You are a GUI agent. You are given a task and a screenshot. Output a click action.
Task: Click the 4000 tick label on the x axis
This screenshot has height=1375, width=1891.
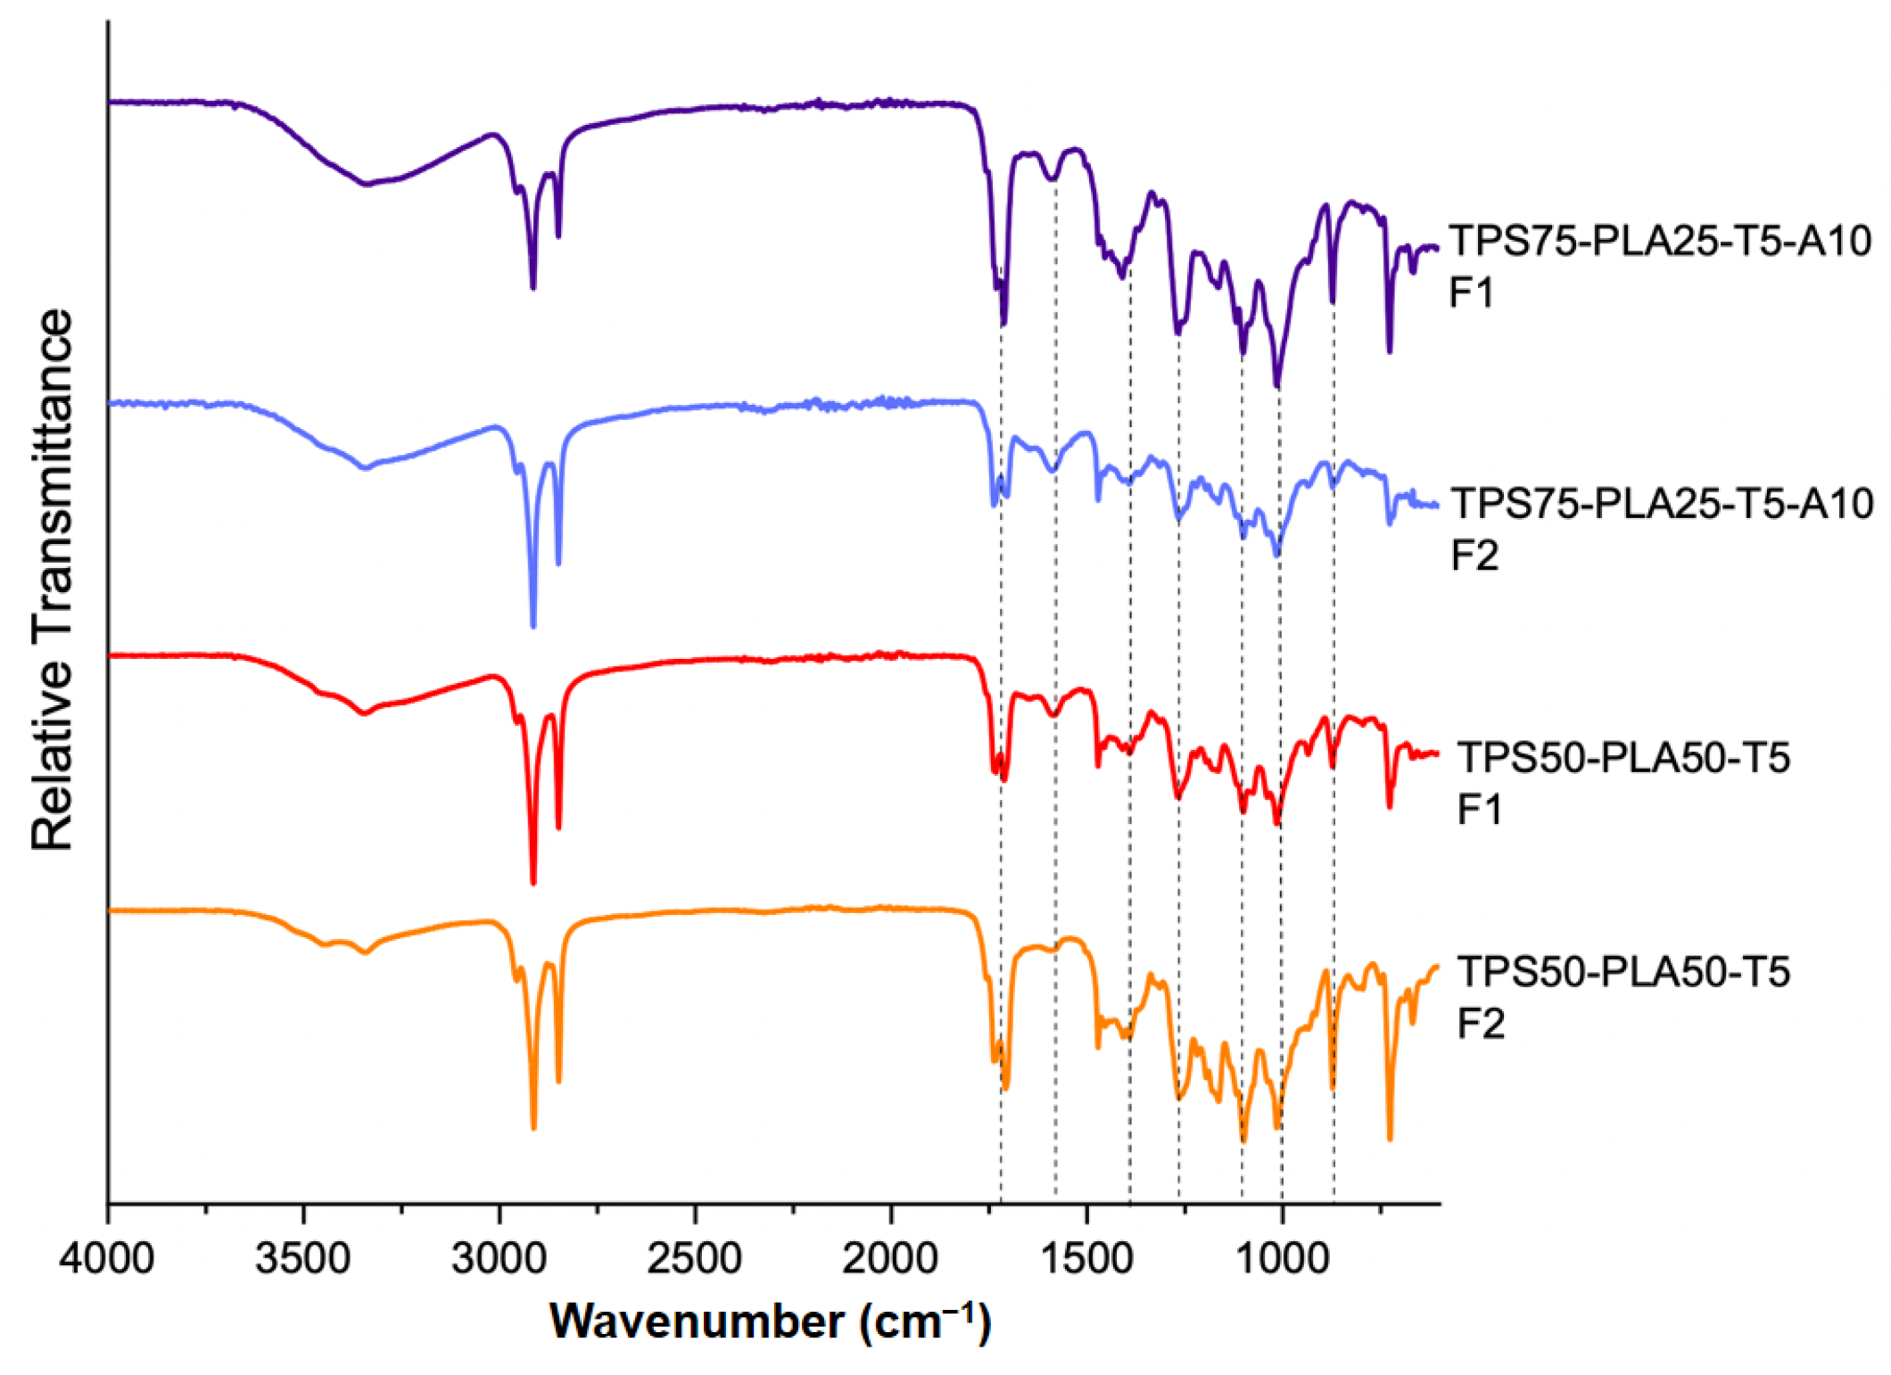107,1260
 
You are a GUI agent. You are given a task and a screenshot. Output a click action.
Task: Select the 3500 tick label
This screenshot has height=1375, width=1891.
302,1260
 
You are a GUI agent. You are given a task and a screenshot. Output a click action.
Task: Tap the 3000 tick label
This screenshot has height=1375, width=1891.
499,1260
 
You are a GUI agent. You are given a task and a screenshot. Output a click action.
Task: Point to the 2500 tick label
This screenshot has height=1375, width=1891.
694,1260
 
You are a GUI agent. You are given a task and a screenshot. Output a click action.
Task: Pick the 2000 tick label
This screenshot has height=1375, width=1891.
890,1260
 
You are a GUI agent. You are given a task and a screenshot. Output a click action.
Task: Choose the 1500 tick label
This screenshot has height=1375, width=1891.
1086,1260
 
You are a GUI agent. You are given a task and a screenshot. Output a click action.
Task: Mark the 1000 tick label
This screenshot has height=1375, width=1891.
1282,1260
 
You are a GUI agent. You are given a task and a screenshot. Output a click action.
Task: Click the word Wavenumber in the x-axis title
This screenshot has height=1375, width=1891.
697,1321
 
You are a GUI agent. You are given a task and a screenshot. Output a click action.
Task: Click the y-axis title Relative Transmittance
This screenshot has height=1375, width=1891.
52,580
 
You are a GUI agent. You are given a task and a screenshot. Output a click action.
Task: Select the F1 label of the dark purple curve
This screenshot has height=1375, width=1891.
1471,292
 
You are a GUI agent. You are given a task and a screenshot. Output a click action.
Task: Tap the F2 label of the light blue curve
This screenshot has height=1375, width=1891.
1474,556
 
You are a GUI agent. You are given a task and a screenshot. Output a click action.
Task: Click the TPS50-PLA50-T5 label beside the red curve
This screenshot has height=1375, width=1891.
1623,758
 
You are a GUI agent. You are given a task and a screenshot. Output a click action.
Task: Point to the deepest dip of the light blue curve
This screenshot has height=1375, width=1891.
533,625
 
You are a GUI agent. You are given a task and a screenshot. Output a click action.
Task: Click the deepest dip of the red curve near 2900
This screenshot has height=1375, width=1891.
533,882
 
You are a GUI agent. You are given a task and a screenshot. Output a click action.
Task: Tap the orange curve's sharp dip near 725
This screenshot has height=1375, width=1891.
1390,1138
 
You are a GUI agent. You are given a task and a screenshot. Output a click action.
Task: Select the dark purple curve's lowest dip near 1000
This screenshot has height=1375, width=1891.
1276,385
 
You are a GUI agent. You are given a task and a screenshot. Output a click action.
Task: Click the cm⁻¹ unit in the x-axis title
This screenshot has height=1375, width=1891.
923,1321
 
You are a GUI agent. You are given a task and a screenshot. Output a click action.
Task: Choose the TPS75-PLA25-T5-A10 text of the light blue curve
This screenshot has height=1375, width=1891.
1662,504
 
